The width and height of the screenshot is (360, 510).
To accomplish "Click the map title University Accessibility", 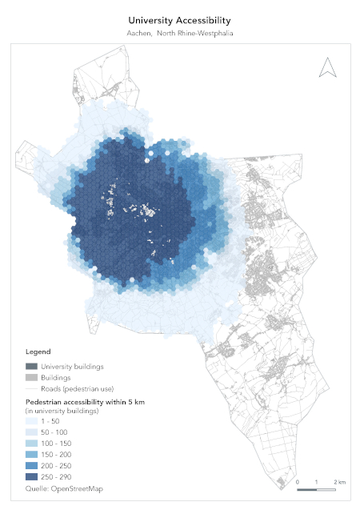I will [180, 20].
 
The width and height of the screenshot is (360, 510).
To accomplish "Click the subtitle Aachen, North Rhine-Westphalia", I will [180, 34].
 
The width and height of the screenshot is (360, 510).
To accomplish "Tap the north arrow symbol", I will [327, 68].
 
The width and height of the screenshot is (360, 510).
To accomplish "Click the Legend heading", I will [38, 351].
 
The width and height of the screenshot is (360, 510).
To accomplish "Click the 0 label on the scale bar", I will [298, 482].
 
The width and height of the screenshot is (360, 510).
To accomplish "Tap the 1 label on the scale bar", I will [318, 482].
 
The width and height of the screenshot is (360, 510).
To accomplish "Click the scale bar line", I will [318, 489].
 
